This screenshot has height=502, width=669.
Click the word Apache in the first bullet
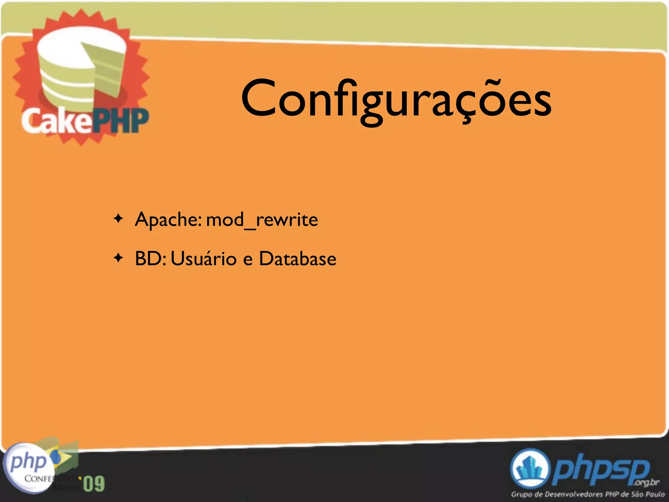point(168,220)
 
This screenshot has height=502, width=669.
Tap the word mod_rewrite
point(262,220)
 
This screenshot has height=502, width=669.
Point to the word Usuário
point(203,259)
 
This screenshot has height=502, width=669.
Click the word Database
point(298,259)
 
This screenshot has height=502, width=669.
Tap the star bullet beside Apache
point(118,218)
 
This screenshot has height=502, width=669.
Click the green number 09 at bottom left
point(94,484)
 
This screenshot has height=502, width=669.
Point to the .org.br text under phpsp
point(647,482)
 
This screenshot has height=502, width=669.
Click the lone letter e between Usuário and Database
point(248,259)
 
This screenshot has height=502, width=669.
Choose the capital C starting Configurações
point(256,99)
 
